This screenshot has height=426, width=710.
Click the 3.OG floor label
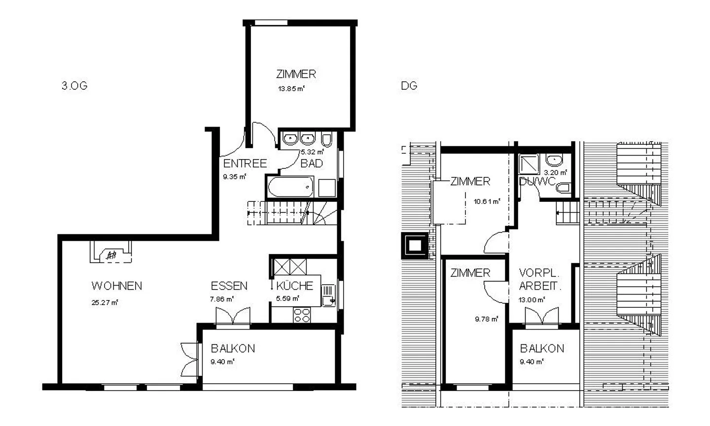74,86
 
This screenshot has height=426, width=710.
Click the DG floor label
409,86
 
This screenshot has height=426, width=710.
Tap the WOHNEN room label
117,286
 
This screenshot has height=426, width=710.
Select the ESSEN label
229,286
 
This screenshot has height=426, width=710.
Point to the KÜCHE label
294,286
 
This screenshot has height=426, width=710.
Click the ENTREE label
245,164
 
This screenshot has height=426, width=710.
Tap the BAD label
312,164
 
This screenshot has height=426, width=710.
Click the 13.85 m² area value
290,89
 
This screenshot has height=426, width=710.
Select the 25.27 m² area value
105,302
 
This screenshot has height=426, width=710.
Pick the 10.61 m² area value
487,201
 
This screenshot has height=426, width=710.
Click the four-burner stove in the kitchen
301,315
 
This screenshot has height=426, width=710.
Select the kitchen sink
328,295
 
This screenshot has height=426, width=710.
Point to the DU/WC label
537,181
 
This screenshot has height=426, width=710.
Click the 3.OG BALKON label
233,349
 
